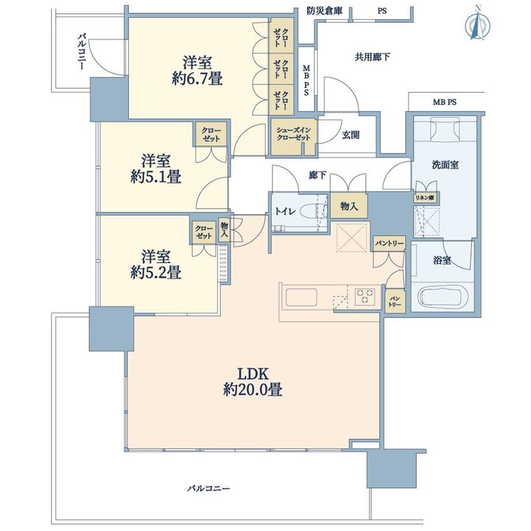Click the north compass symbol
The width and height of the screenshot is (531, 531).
478,25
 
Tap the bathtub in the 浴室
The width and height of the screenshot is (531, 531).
443,297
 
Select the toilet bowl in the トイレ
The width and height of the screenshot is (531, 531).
312,211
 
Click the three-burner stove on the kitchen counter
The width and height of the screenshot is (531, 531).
364,297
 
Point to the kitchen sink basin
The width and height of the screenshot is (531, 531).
301,297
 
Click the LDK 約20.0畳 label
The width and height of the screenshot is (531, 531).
253,382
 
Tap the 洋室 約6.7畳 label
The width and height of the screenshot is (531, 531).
197,71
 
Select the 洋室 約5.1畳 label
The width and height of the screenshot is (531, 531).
156,169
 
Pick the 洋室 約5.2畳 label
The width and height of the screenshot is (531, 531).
156,265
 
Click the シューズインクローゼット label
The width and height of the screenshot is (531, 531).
293,134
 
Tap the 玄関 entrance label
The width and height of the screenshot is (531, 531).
350,135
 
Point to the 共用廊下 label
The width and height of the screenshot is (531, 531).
372,57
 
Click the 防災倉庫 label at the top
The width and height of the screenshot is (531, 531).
324,11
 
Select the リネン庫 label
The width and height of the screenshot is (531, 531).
425,198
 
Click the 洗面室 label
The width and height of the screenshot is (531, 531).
445,165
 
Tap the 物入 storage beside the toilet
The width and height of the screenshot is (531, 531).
349,205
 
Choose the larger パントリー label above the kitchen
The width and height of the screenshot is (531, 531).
389,243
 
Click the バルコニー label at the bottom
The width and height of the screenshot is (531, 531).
208,488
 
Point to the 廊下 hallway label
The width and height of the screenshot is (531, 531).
317,175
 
